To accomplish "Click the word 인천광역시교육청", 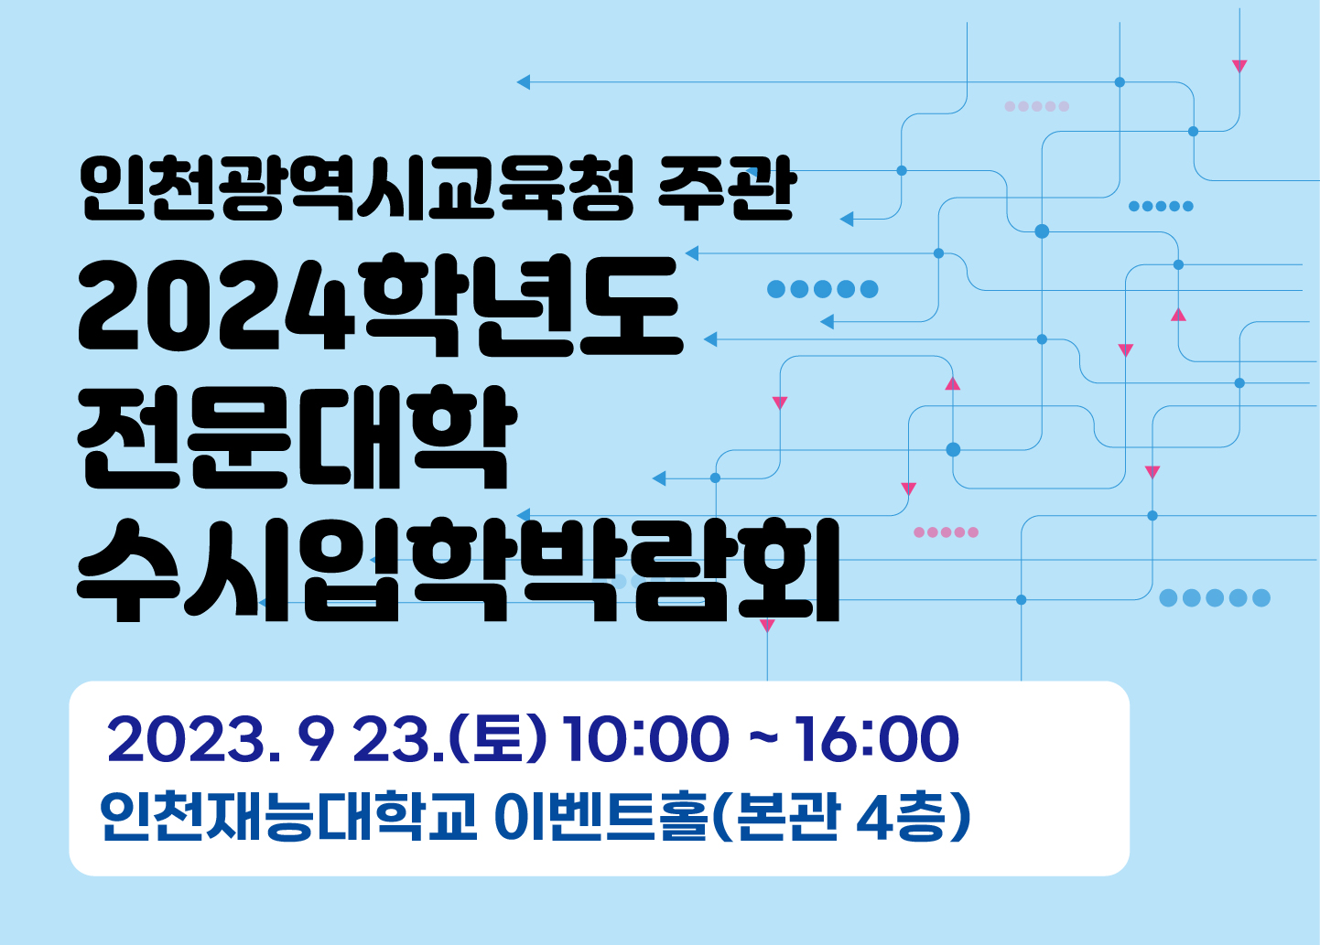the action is tap(358, 188).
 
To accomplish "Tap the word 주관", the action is tap(727, 188).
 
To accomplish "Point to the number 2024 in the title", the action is tap(217, 306).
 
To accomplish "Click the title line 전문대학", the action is tap(297, 437).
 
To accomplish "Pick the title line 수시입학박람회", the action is tap(458, 569).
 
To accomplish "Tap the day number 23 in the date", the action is tap(391, 739).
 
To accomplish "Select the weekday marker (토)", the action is tap(498, 738).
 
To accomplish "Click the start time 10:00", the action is tap(646, 739).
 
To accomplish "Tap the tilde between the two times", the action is tap(763, 737).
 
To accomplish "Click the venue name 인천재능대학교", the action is tap(288, 818).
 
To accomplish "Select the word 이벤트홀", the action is tap(600, 818).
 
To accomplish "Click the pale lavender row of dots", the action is tap(1036, 106).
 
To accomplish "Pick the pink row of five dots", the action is tap(946, 532).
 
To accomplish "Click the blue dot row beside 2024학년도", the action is tap(823, 289).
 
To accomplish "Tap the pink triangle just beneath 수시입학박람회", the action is tap(767, 626).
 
